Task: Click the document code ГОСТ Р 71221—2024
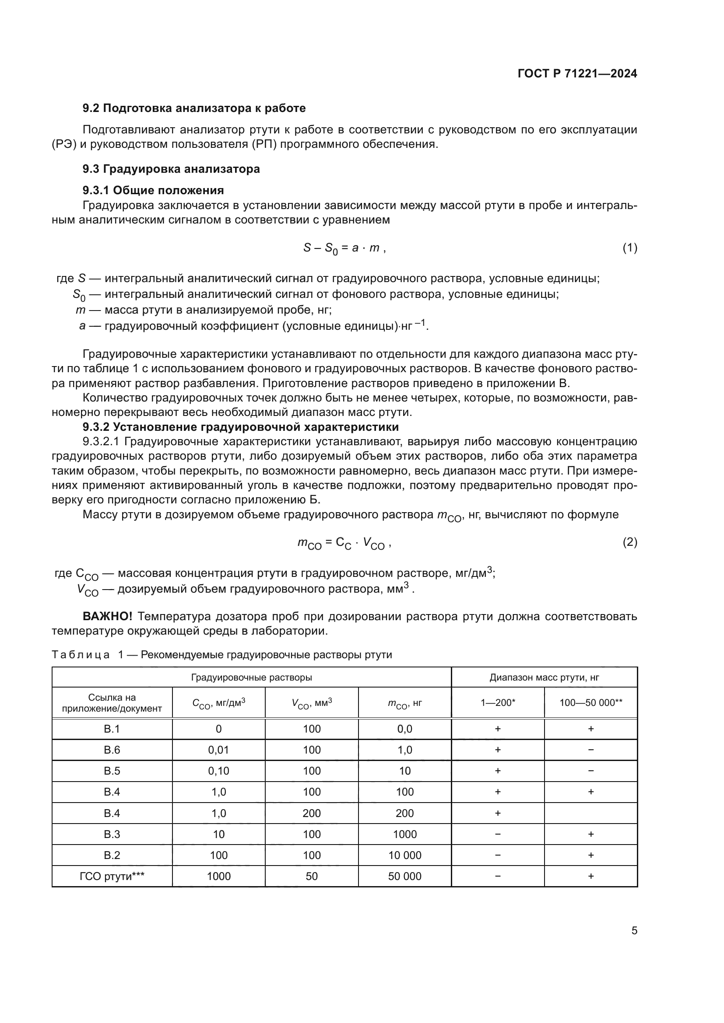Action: click(577, 74)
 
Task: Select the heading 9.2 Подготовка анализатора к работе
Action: click(194, 108)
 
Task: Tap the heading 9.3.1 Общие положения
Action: click(153, 190)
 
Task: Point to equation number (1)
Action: click(629, 248)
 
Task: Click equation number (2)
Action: click(629, 542)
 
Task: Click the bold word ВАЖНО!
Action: click(107, 617)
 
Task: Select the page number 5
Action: click(634, 931)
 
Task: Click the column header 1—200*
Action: click(498, 703)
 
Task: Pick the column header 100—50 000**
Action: click(590, 703)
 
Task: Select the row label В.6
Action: click(112, 750)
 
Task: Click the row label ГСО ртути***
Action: click(112, 876)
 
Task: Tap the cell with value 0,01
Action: click(218, 750)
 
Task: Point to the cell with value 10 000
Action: click(404, 855)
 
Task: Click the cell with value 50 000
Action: click(404, 876)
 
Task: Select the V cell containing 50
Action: click(312, 876)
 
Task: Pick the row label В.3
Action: click(112, 834)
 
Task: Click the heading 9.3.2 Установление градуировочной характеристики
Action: click(241, 427)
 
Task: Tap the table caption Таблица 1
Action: click(85, 655)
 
